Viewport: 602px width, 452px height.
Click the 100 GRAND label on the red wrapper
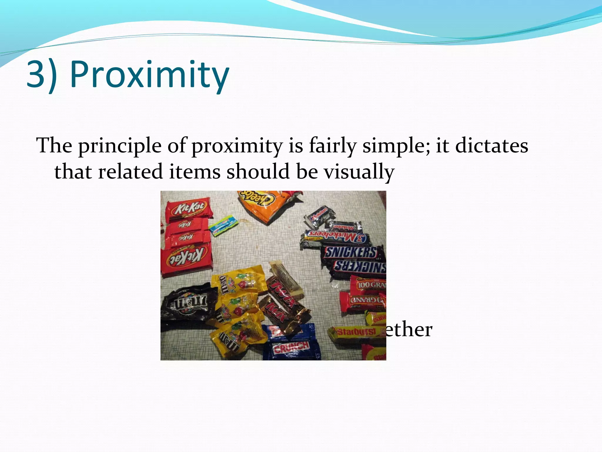click(x=371, y=285)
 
